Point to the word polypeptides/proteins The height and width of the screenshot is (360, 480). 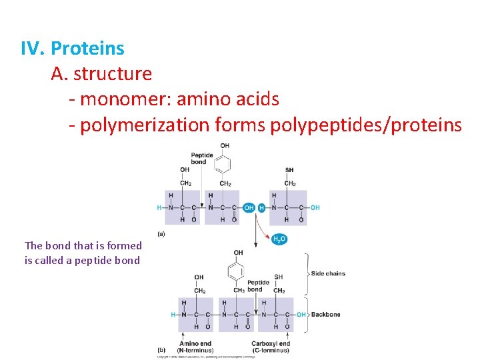coord(366,125)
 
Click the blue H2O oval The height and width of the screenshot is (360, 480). coord(280,239)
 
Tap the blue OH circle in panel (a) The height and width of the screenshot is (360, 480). coord(249,207)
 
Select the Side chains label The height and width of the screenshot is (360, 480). coord(328,273)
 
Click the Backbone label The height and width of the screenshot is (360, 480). coord(327,314)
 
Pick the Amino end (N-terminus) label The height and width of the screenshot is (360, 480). coord(196,347)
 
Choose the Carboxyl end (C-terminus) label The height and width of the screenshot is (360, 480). coord(271,347)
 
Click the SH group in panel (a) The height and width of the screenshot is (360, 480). coord(289,170)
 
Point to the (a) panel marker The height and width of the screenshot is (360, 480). coord(161,234)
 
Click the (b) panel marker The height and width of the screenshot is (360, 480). coord(161,349)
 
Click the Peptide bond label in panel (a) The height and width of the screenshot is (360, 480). coord(202,159)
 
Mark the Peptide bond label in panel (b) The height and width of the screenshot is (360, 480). coord(258,285)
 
